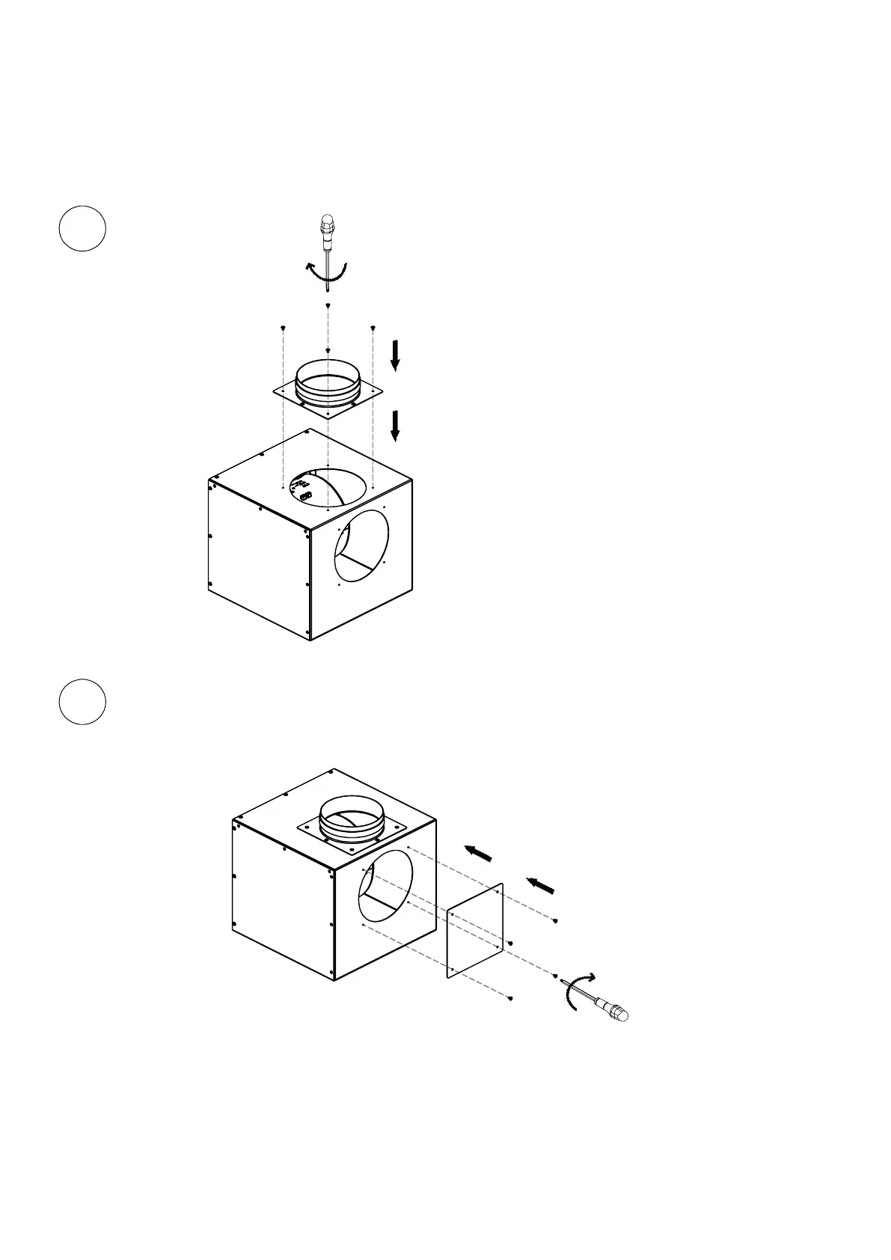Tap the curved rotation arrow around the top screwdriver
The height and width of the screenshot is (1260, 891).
click(328, 272)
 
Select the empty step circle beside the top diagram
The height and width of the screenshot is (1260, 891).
click(82, 228)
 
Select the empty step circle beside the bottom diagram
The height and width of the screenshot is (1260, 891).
click(82, 702)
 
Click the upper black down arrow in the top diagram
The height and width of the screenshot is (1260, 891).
click(396, 355)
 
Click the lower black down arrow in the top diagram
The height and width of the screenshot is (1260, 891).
click(396, 425)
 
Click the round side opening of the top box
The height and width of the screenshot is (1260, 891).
click(361, 546)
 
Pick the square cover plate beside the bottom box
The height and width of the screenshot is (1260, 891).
click(475, 930)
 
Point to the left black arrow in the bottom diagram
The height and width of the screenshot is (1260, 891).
click(478, 853)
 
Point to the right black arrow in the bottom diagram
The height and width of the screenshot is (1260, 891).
click(540, 886)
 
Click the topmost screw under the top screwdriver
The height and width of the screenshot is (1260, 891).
click(328, 305)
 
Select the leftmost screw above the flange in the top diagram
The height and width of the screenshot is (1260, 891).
click(283, 328)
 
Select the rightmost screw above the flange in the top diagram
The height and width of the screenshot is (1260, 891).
click(373, 328)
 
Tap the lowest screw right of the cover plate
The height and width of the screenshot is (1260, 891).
click(509, 997)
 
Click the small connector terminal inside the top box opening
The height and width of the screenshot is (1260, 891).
click(304, 495)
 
